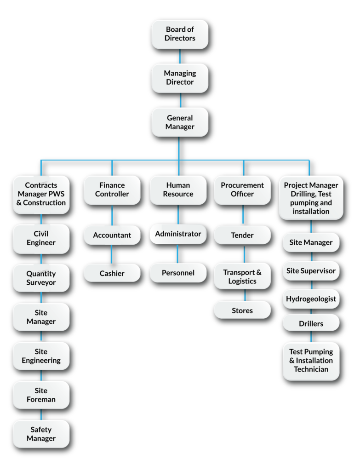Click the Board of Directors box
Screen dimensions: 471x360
click(x=180, y=34)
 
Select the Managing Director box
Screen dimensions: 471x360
click(x=180, y=78)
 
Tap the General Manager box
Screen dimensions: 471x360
click(x=180, y=122)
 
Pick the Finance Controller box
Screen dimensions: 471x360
click(x=112, y=190)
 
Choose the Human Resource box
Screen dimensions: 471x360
click(x=178, y=190)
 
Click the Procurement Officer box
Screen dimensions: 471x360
click(x=242, y=190)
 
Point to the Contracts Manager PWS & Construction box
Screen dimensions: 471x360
click(x=41, y=194)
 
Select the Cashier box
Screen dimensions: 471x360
click(x=112, y=273)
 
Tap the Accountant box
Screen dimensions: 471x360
click(x=112, y=235)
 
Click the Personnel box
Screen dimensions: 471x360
click(x=178, y=273)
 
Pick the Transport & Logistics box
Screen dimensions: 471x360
click(x=242, y=277)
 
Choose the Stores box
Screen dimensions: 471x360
click(x=242, y=310)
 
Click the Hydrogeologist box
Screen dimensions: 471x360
click(x=311, y=299)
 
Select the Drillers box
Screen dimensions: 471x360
click(x=311, y=323)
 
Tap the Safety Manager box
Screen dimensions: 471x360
click(x=41, y=434)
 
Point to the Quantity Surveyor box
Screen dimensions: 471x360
click(x=41, y=278)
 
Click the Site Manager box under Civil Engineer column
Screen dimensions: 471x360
click(x=41, y=317)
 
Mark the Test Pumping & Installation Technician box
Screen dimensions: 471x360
click(x=311, y=361)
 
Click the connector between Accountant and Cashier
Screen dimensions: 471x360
click(x=112, y=254)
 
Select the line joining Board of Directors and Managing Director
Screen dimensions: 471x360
click(x=180, y=56)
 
